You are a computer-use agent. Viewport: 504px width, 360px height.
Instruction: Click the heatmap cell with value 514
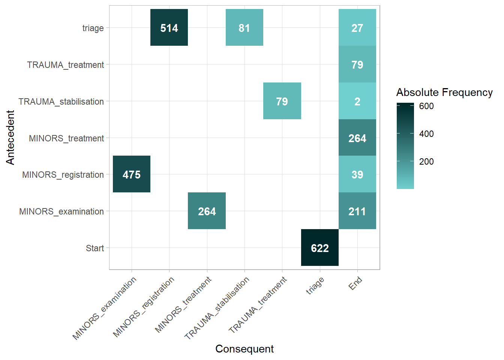click(169, 28)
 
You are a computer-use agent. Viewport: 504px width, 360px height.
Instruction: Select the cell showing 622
click(320, 248)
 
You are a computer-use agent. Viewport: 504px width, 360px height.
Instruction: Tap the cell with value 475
click(132, 174)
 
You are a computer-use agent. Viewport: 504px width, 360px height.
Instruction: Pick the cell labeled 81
click(244, 28)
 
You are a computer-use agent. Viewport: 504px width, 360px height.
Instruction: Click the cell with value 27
click(357, 28)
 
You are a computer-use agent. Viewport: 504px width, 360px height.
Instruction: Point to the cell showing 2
click(357, 101)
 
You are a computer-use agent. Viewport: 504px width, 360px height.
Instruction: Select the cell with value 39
click(357, 174)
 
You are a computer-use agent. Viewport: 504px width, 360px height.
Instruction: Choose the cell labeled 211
click(357, 211)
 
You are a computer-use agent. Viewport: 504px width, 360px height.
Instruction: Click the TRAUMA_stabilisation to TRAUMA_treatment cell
click(282, 101)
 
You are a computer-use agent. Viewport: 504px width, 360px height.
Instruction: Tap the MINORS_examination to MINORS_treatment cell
click(207, 211)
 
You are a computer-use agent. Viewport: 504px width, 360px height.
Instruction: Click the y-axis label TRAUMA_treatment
click(66, 65)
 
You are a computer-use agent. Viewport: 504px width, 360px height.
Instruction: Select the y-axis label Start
click(95, 248)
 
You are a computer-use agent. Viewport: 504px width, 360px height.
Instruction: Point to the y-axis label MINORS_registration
click(63, 175)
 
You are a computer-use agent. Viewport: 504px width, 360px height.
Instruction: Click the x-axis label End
click(355, 283)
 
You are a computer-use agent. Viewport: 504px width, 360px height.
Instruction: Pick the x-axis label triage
click(315, 286)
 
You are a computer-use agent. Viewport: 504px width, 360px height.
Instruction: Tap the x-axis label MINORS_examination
click(105, 309)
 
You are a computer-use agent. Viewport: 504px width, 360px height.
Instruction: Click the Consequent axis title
click(244, 349)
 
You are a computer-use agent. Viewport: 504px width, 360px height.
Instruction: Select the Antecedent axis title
click(10, 137)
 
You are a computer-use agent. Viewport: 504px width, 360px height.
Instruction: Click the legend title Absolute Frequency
click(444, 92)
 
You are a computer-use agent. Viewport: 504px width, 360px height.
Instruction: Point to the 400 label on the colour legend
click(426, 134)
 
